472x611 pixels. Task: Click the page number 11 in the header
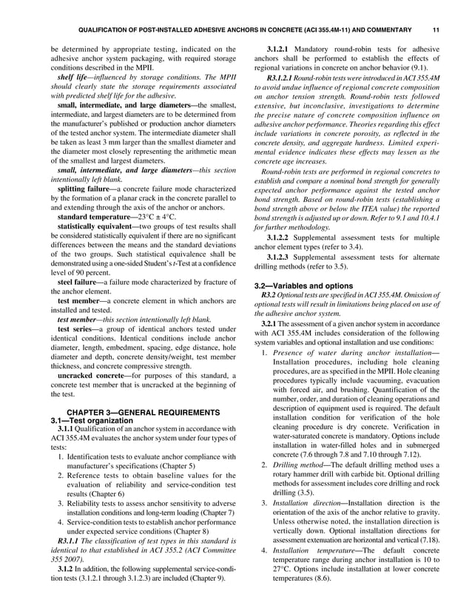click(436, 30)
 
